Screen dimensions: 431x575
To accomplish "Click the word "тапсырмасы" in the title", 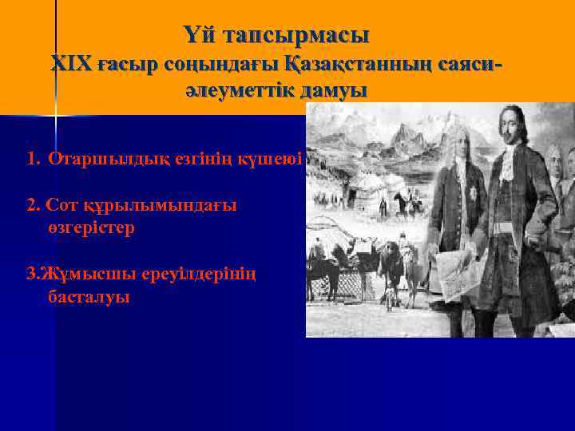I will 297,36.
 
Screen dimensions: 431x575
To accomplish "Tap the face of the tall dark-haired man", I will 508,129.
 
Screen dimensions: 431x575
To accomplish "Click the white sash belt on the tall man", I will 506,227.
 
